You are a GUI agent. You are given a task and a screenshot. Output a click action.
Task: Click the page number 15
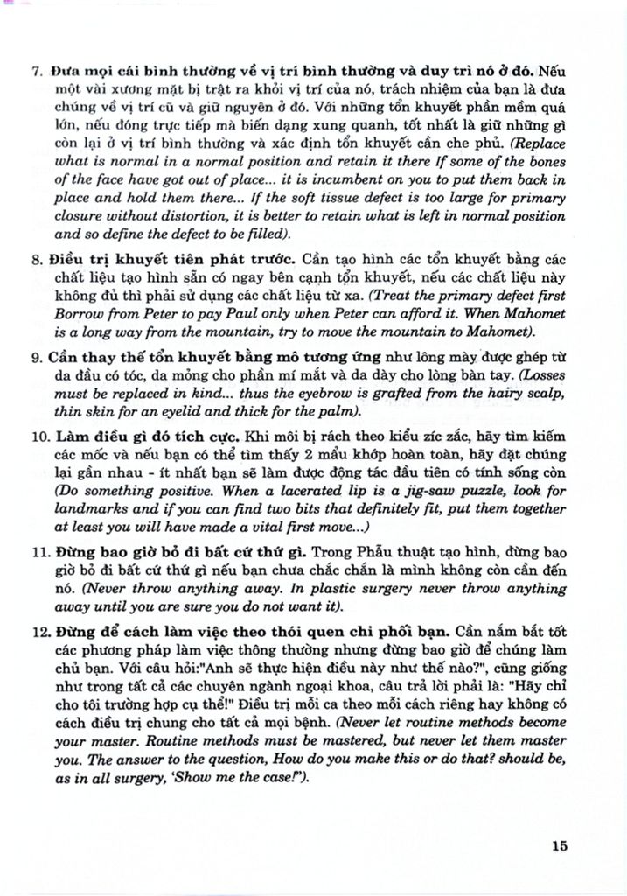[x=561, y=845]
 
